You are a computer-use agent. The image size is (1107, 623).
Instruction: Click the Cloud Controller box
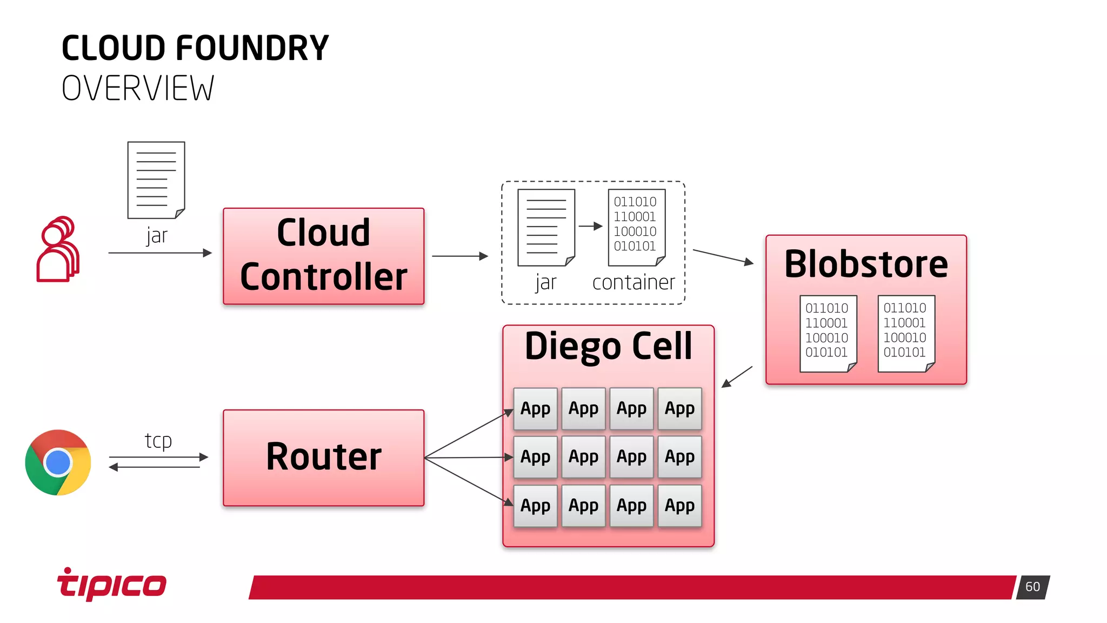point(323,256)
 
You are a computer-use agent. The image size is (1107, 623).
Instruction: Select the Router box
point(323,458)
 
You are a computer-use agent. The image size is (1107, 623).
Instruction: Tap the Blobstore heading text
point(866,264)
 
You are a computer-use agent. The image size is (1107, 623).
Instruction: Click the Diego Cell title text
point(608,346)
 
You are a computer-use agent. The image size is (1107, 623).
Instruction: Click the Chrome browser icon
point(58,462)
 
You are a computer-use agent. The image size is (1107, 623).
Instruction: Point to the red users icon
point(58,250)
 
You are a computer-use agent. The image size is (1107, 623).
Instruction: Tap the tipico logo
point(112,584)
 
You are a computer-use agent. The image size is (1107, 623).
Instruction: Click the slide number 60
point(1032,587)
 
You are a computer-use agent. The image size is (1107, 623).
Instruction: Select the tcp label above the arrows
point(158,441)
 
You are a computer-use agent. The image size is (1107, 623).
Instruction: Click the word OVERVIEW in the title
point(138,89)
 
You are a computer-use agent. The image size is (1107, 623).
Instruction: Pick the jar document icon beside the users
point(156,180)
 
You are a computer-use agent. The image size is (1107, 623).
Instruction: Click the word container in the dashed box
point(633,282)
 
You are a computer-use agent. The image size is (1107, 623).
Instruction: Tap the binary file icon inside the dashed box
point(636,227)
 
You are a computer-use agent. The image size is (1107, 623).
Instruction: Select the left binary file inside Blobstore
point(828,333)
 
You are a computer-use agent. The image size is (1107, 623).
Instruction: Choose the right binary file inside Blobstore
point(906,333)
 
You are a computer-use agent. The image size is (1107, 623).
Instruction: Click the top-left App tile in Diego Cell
point(535,409)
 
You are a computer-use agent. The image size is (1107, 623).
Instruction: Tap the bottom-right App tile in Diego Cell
point(679,506)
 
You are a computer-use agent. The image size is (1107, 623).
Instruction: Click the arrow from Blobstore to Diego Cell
point(737,377)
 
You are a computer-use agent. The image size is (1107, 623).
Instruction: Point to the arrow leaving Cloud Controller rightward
point(459,256)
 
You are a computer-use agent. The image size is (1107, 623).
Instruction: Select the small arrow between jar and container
point(590,226)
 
